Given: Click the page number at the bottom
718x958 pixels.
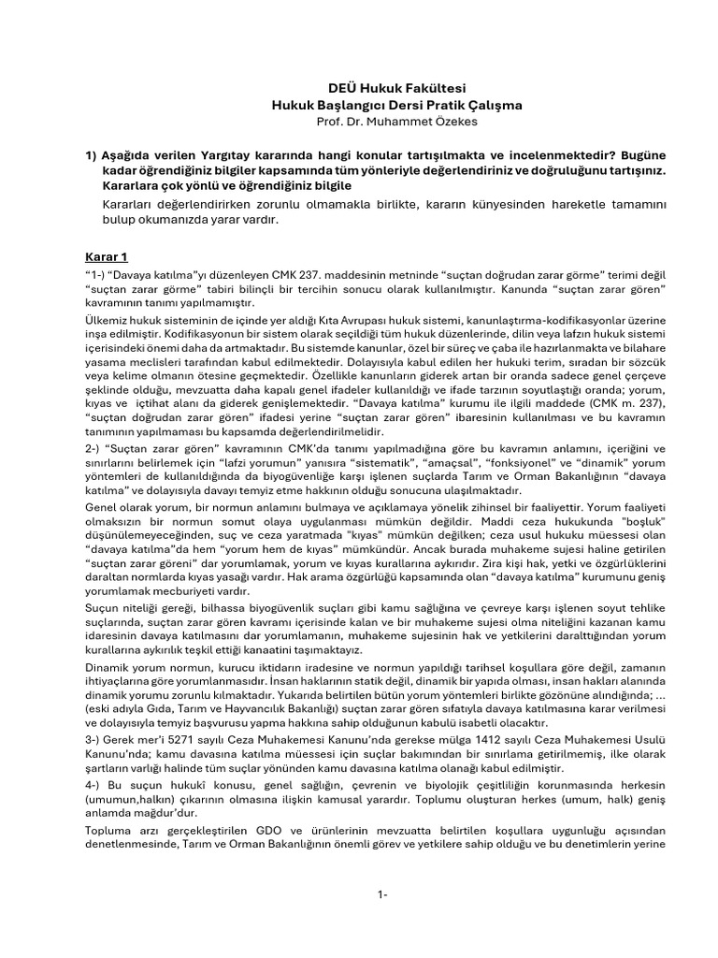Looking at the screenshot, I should point(382,895).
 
